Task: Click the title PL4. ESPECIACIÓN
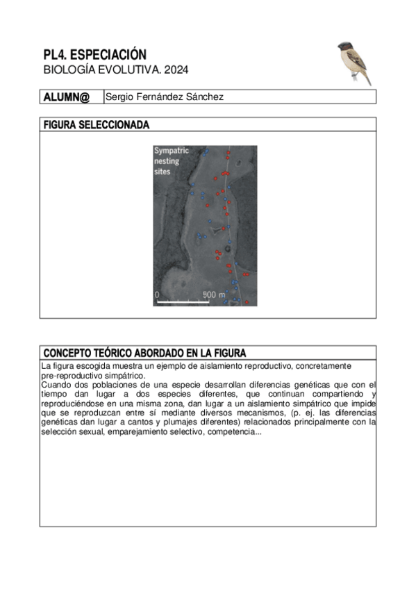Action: click(94, 54)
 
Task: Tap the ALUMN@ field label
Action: click(67, 97)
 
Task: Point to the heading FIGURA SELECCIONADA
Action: click(96, 125)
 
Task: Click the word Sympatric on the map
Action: click(171, 151)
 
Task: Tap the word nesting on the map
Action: click(167, 161)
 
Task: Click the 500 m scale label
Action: click(214, 295)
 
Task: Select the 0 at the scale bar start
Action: click(157, 295)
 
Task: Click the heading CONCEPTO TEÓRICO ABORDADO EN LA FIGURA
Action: click(144, 353)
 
